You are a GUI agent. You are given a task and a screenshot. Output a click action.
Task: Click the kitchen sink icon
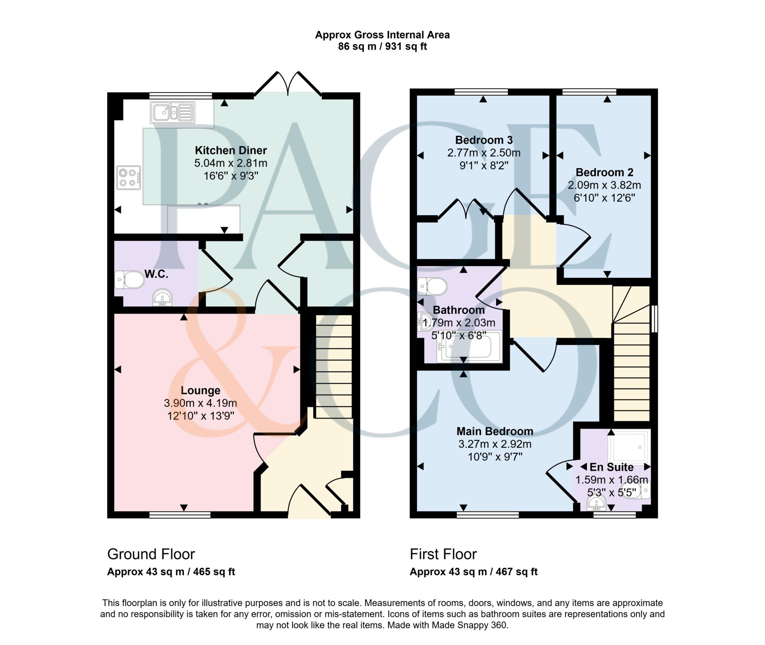click(x=173, y=113)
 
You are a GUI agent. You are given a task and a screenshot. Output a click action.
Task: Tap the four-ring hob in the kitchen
click(x=128, y=178)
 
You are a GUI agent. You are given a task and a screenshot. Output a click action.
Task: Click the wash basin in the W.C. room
click(x=162, y=298)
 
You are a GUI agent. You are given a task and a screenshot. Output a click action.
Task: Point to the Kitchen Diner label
click(x=231, y=150)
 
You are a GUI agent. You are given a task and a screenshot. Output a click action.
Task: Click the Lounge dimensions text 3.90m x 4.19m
click(x=200, y=403)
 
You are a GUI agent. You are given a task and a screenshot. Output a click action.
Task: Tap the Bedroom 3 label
click(x=484, y=140)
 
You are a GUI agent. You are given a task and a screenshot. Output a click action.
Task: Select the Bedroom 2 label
click(x=604, y=172)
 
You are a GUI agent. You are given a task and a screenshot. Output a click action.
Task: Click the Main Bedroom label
click(x=495, y=431)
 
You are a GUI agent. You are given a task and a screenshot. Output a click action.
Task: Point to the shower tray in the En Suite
click(x=629, y=446)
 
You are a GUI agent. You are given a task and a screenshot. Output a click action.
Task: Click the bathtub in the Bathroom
click(x=470, y=347)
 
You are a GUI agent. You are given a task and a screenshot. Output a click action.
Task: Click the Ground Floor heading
click(x=151, y=554)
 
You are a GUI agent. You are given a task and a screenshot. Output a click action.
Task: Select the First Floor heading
click(x=443, y=554)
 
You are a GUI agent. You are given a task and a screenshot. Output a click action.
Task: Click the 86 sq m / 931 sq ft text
click(x=382, y=47)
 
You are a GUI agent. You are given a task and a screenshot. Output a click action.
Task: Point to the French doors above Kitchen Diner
click(x=288, y=84)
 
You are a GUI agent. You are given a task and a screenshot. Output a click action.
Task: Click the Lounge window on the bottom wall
click(x=180, y=515)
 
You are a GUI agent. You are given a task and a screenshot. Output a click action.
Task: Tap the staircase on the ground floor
click(x=334, y=366)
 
